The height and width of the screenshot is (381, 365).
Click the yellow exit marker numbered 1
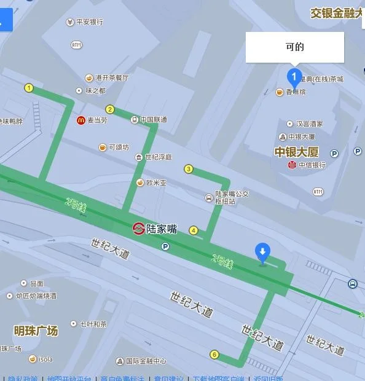(28, 88)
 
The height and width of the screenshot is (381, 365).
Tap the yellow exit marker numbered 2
(110, 109)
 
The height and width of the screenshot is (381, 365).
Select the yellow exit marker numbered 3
(189, 169)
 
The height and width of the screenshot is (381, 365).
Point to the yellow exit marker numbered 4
(194, 230)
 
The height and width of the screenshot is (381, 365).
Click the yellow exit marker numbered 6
(214, 354)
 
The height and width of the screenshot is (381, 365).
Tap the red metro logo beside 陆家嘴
(139, 229)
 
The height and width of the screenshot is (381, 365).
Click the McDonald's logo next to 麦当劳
(81, 120)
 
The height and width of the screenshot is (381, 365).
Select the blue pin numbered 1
(294, 77)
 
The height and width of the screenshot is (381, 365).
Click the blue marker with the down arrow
(262, 252)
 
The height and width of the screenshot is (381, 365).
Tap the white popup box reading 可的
(295, 47)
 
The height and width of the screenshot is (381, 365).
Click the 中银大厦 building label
(296, 152)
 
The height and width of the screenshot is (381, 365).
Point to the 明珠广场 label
(36, 331)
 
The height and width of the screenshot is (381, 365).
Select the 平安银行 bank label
(89, 22)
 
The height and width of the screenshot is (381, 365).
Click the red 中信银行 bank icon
(292, 165)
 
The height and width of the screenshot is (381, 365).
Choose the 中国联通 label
(153, 120)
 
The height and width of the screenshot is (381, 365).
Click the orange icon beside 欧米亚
(140, 183)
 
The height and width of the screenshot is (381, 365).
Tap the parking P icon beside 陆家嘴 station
(165, 246)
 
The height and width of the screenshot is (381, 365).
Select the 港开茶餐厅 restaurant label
(111, 78)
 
